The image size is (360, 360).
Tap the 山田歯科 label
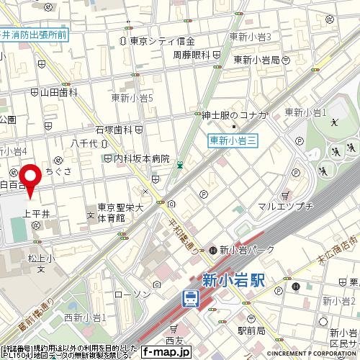[x=58, y=91]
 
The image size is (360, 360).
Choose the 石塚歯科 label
[x=119, y=130]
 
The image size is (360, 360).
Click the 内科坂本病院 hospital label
[x=140, y=158]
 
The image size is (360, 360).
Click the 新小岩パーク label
[x=242, y=251]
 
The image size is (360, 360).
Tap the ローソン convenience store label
[x=132, y=294]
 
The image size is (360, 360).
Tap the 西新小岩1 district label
[x=84, y=318]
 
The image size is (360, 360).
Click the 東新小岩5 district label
[x=132, y=97]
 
